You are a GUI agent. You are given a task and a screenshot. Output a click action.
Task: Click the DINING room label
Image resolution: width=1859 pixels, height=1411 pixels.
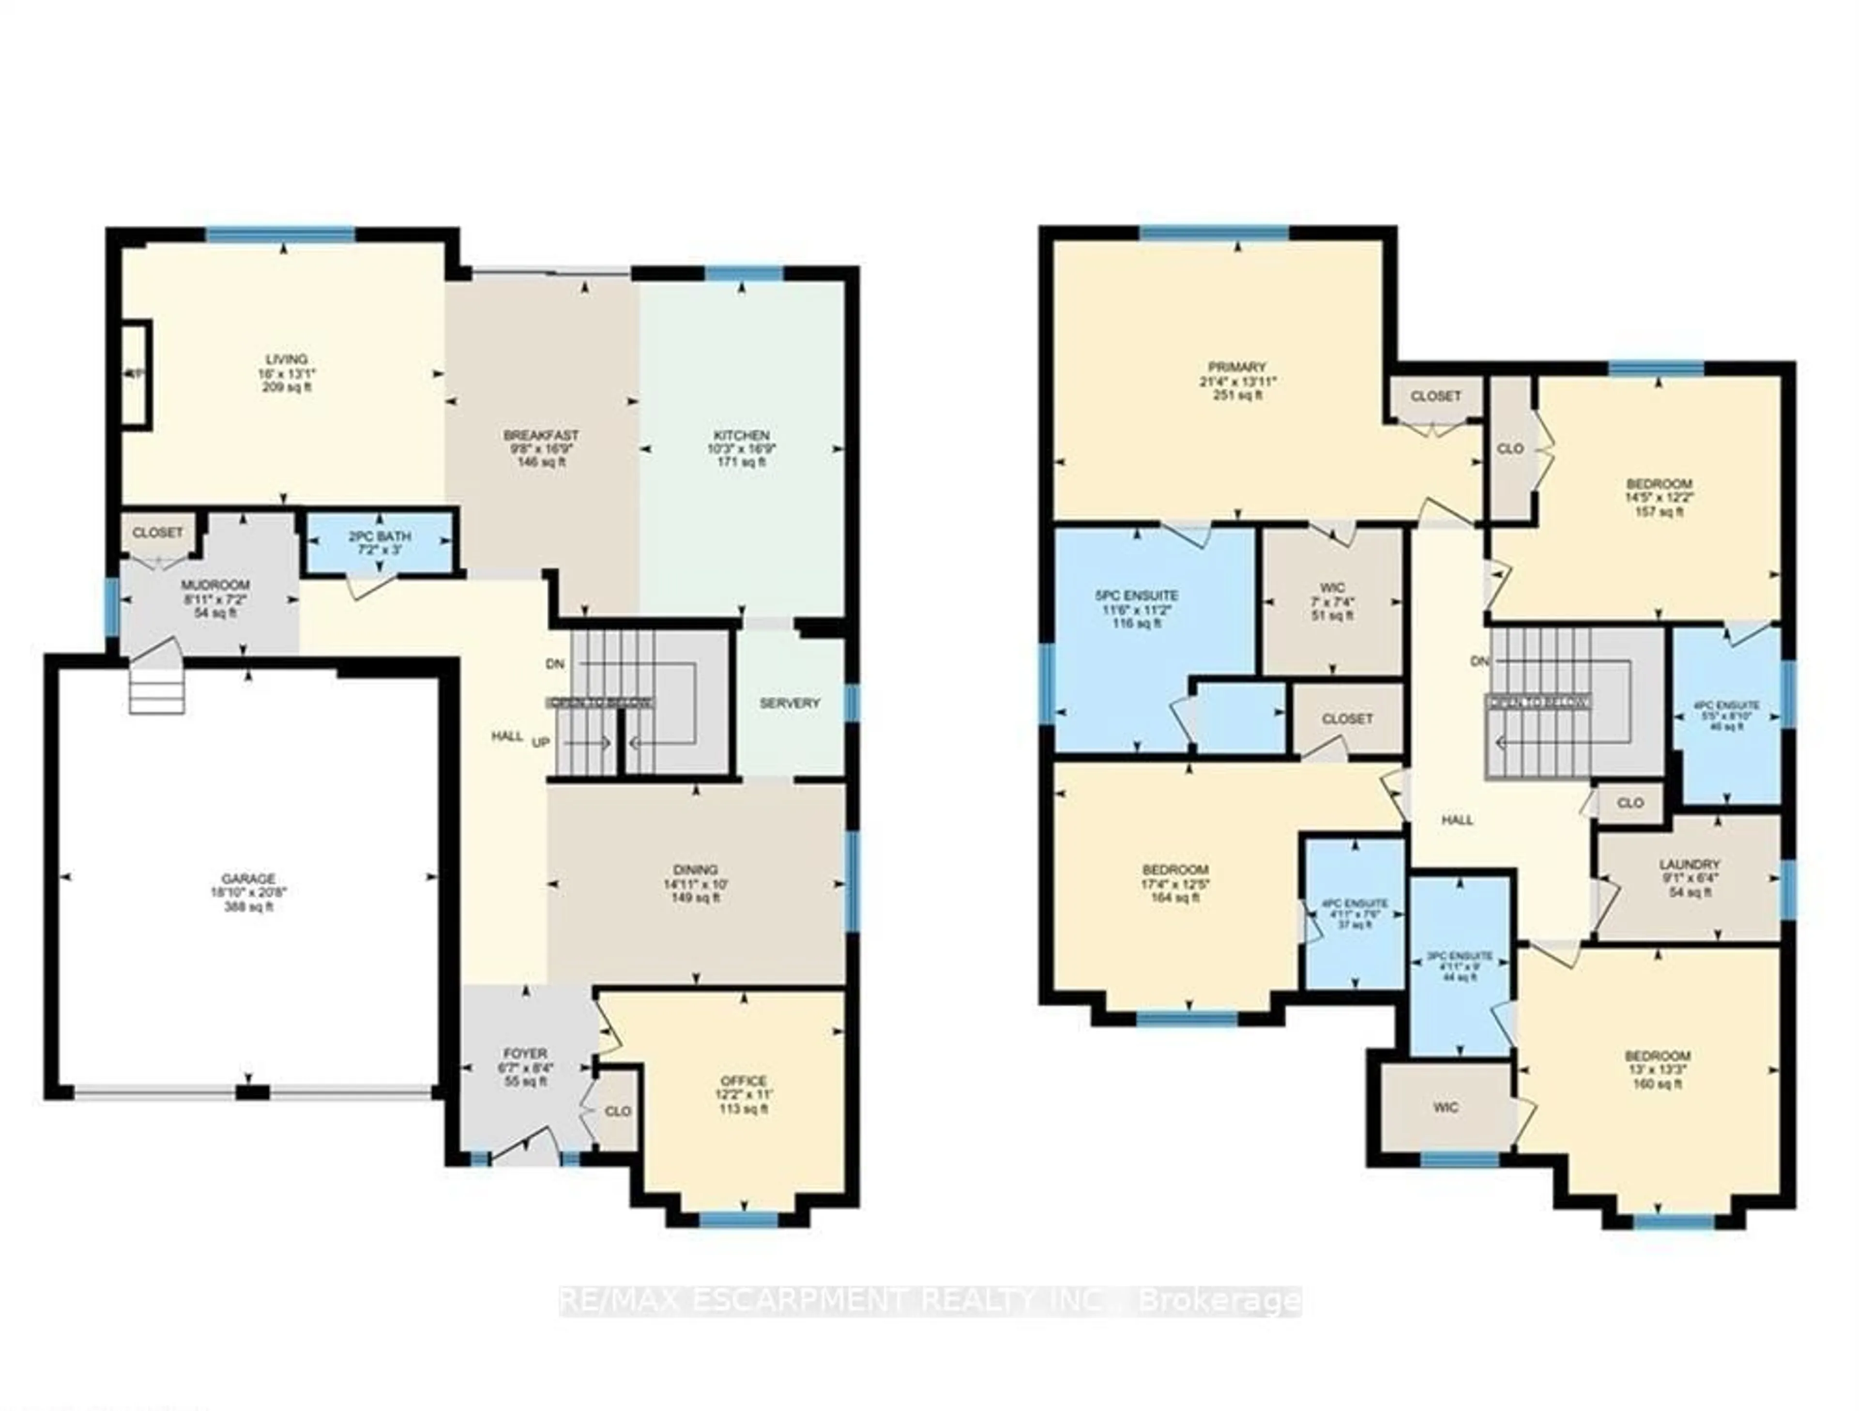point(695,869)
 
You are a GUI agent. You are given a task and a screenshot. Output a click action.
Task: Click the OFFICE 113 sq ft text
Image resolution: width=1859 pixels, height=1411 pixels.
point(744,1108)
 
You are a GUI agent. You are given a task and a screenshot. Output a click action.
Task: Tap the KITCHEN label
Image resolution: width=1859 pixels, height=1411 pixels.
point(741,435)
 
